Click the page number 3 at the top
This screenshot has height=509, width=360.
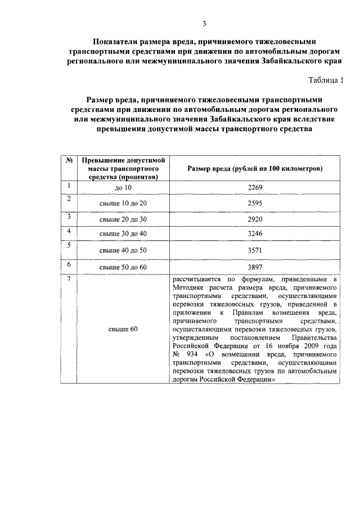(x=205, y=23)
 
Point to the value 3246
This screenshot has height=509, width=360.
(x=255, y=233)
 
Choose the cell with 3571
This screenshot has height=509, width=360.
(x=255, y=249)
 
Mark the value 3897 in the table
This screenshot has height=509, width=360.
(x=255, y=267)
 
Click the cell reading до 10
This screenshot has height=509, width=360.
(x=123, y=188)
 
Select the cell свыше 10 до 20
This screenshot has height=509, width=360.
(x=123, y=203)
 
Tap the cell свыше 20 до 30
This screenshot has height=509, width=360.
(x=123, y=219)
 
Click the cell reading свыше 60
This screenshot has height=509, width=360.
(x=123, y=329)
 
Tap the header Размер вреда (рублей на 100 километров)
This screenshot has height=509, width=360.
(x=255, y=168)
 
